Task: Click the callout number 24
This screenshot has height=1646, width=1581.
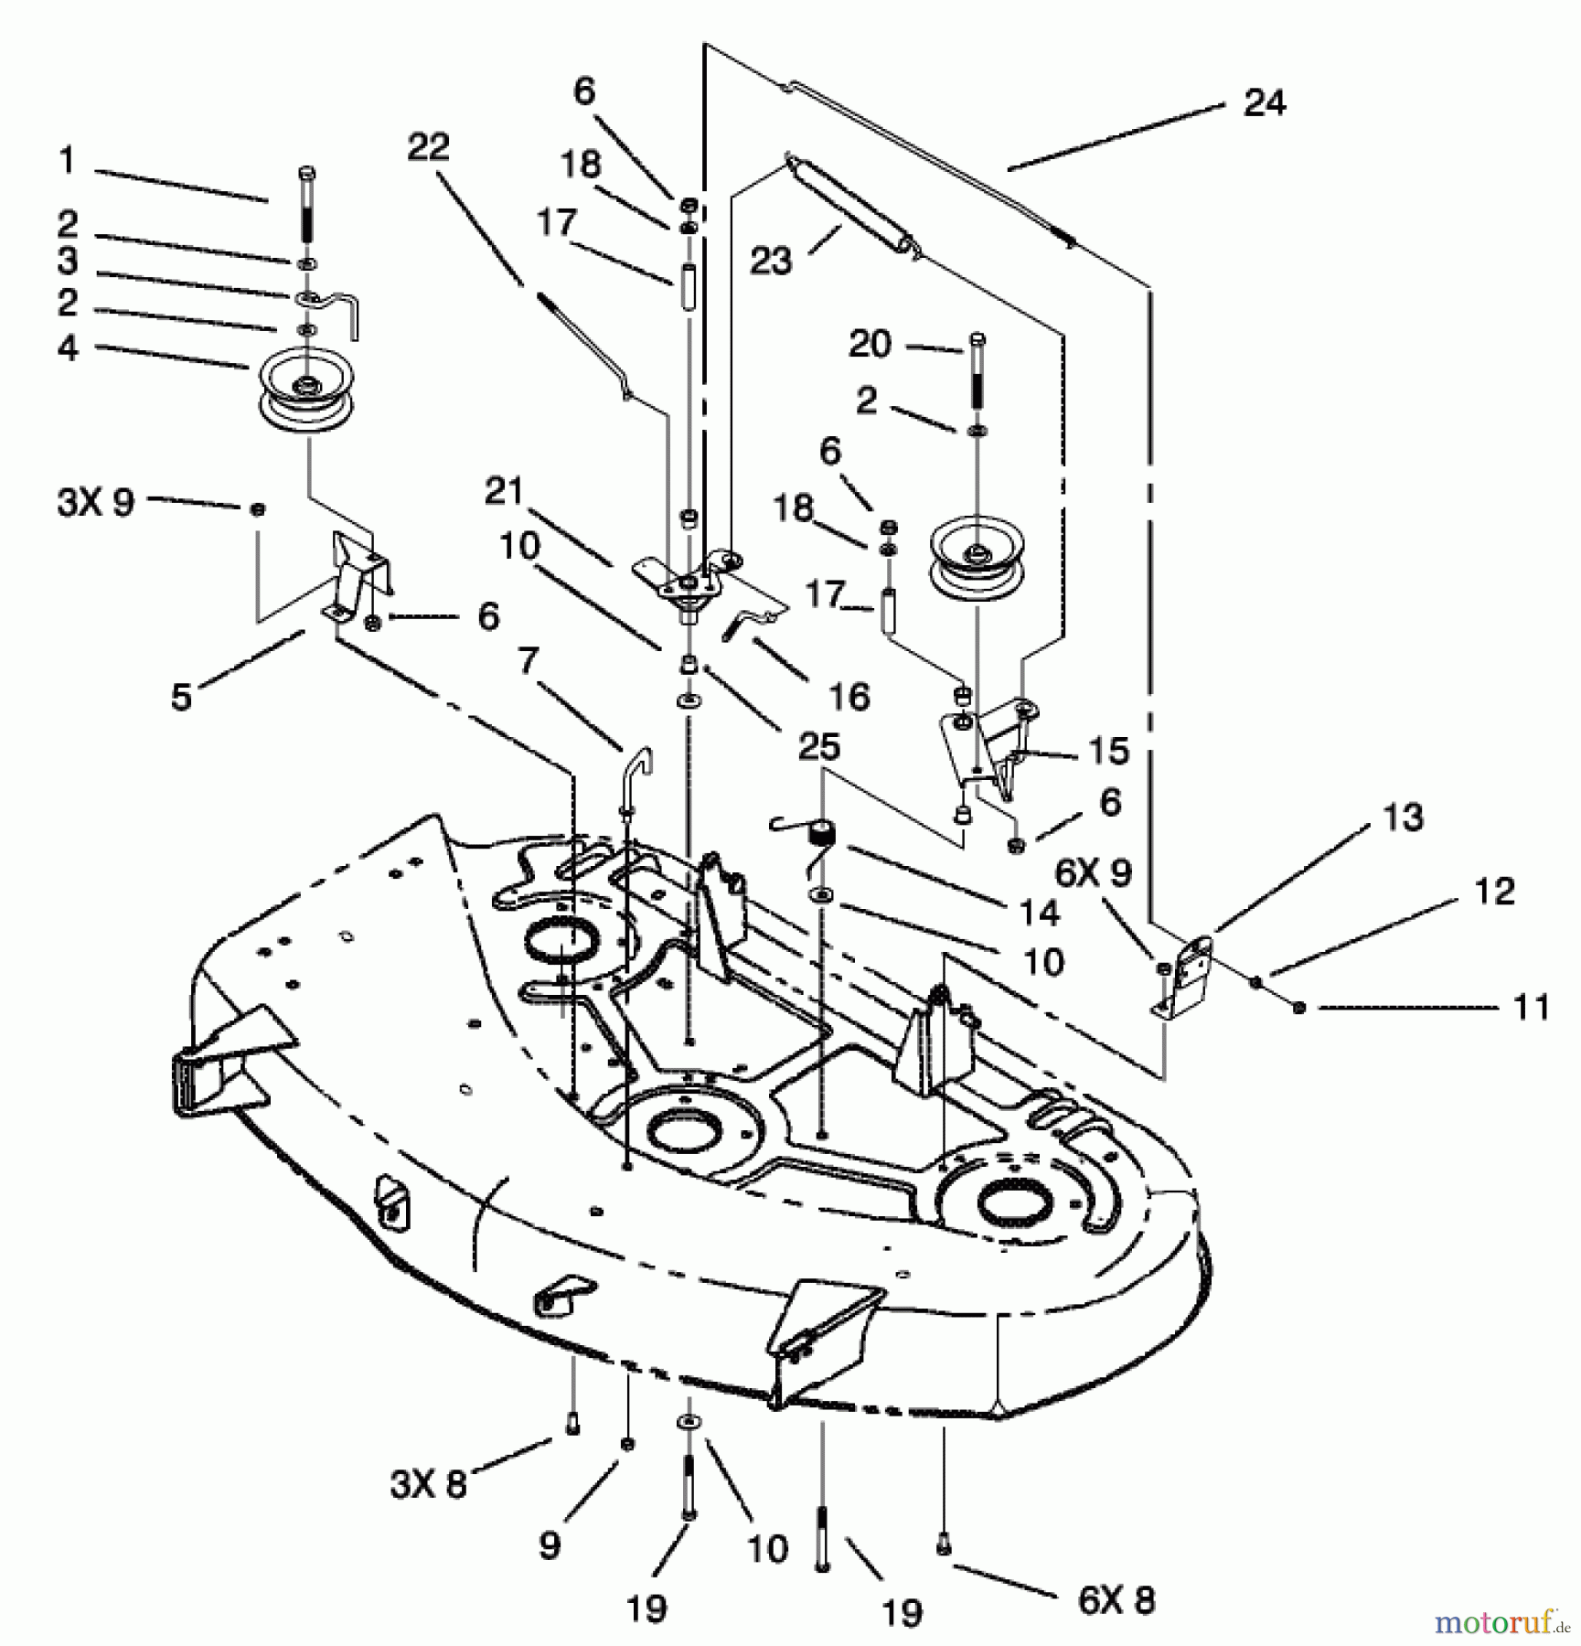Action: click(1264, 102)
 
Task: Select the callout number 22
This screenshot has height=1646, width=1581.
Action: click(428, 147)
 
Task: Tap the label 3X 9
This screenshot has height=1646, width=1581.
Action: click(96, 502)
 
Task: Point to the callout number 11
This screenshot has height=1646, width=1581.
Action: click(1530, 1007)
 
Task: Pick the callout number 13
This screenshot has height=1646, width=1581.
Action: click(1403, 817)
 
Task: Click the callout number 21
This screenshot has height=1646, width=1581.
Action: click(504, 492)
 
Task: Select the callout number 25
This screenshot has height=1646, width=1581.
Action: click(818, 746)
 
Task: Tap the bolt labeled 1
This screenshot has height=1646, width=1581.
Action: click(307, 215)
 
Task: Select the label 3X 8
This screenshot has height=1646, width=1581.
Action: click(428, 1483)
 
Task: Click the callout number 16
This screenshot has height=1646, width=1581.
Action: click(848, 697)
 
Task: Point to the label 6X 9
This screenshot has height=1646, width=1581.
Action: click(1093, 872)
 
